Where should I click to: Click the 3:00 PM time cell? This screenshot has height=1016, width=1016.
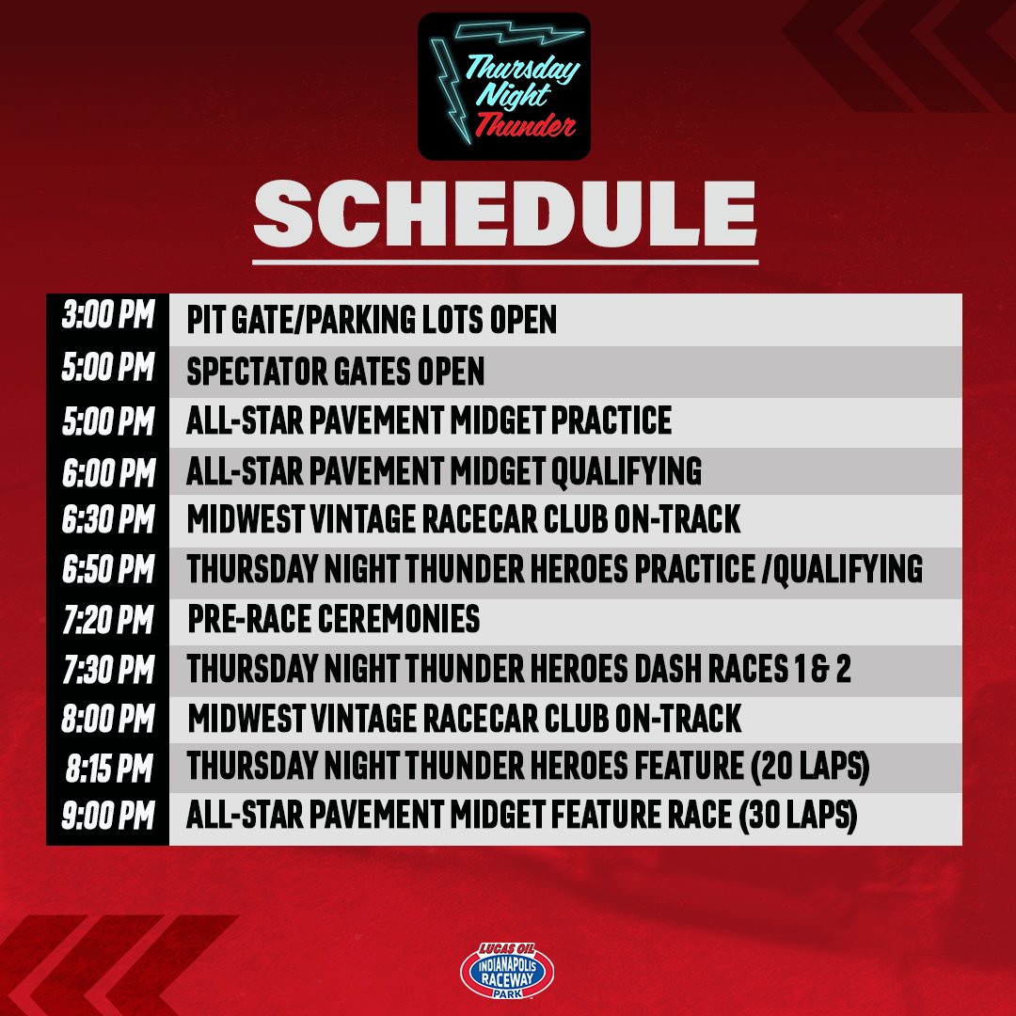[x=107, y=319]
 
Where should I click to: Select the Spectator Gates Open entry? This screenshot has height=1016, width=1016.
[x=335, y=373]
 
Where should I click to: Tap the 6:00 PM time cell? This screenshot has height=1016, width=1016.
[x=107, y=471]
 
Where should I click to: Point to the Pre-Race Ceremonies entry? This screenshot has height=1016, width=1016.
[x=333, y=620]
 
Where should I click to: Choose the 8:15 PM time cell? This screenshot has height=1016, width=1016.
[x=107, y=768]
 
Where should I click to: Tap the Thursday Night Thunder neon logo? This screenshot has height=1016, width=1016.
[x=504, y=86]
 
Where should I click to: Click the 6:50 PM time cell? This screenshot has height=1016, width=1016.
[x=107, y=570]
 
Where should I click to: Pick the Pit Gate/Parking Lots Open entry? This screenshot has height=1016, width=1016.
[x=372, y=320]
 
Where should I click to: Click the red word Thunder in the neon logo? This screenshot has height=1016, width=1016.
[x=524, y=124]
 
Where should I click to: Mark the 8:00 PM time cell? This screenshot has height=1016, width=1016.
[x=107, y=719]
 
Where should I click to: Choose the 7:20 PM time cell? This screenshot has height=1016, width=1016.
[x=107, y=620]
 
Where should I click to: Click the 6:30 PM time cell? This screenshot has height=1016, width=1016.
[x=107, y=520]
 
